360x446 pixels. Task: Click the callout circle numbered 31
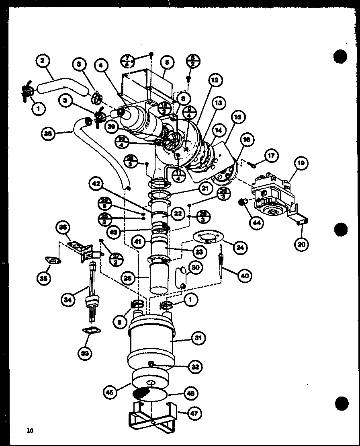pos(197,338)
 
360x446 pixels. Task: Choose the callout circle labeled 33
pos(85,353)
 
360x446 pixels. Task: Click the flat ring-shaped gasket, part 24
pos(208,237)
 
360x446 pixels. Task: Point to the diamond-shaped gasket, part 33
pos(92,331)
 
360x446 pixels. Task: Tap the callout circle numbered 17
pos(272,156)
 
